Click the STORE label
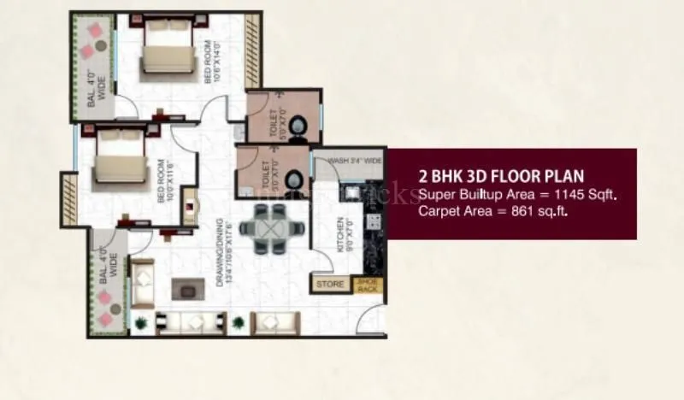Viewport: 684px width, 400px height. click(x=330, y=284)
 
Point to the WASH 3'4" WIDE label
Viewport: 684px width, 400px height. click(x=354, y=160)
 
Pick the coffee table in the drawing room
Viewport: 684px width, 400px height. click(x=185, y=288)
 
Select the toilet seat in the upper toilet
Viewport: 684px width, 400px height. click(x=299, y=128)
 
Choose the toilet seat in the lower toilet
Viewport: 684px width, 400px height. click(x=293, y=180)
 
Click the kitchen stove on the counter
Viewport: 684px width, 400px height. click(x=374, y=221)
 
